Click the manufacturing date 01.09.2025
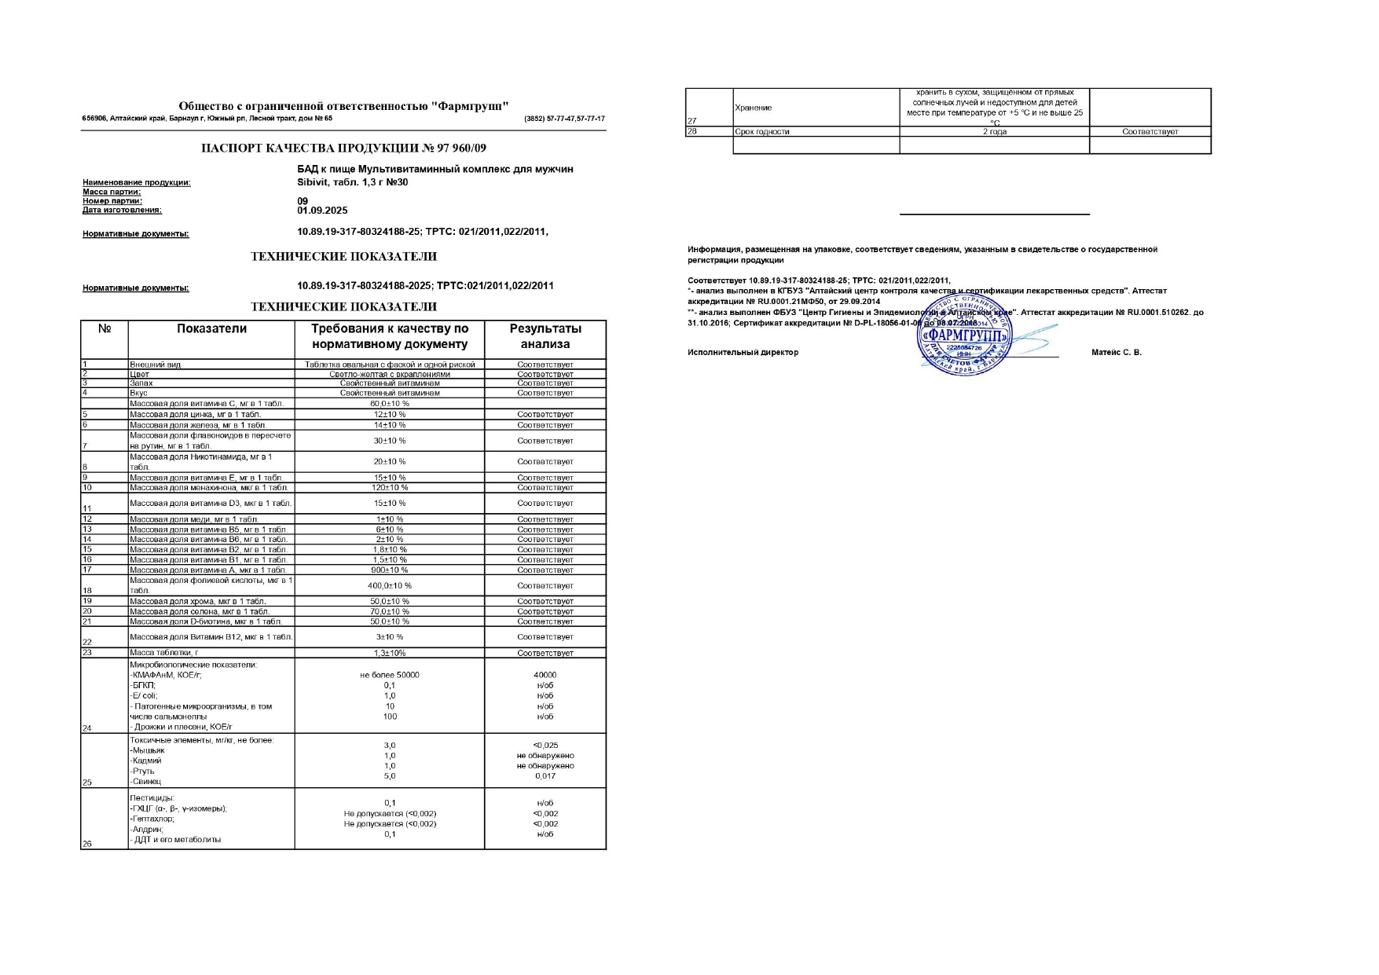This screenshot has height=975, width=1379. tap(322, 211)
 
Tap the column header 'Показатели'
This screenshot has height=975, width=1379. tap(211, 329)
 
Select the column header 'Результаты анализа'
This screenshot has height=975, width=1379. tap(545, 336)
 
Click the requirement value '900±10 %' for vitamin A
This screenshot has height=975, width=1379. tap(389, 570)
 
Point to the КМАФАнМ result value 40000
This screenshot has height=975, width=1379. tap(545, 675)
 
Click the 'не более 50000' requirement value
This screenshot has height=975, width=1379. tap(389, 675)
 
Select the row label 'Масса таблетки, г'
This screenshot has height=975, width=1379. tap(163, 653)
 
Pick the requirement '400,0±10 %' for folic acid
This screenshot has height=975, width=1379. tap(389, 585)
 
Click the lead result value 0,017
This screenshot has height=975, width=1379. tap(545, 776)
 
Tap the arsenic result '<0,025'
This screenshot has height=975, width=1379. tap(545, 745)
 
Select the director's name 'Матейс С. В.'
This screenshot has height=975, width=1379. tap(1116, 352)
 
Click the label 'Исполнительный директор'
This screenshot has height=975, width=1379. tap(743, 352)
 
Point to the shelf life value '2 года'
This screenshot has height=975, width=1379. tap(994, 132)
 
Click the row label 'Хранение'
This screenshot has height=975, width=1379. tap(753, 108)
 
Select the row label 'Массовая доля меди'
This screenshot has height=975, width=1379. tap(193, 519)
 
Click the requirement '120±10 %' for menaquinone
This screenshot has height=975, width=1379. tap(389, 488)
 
